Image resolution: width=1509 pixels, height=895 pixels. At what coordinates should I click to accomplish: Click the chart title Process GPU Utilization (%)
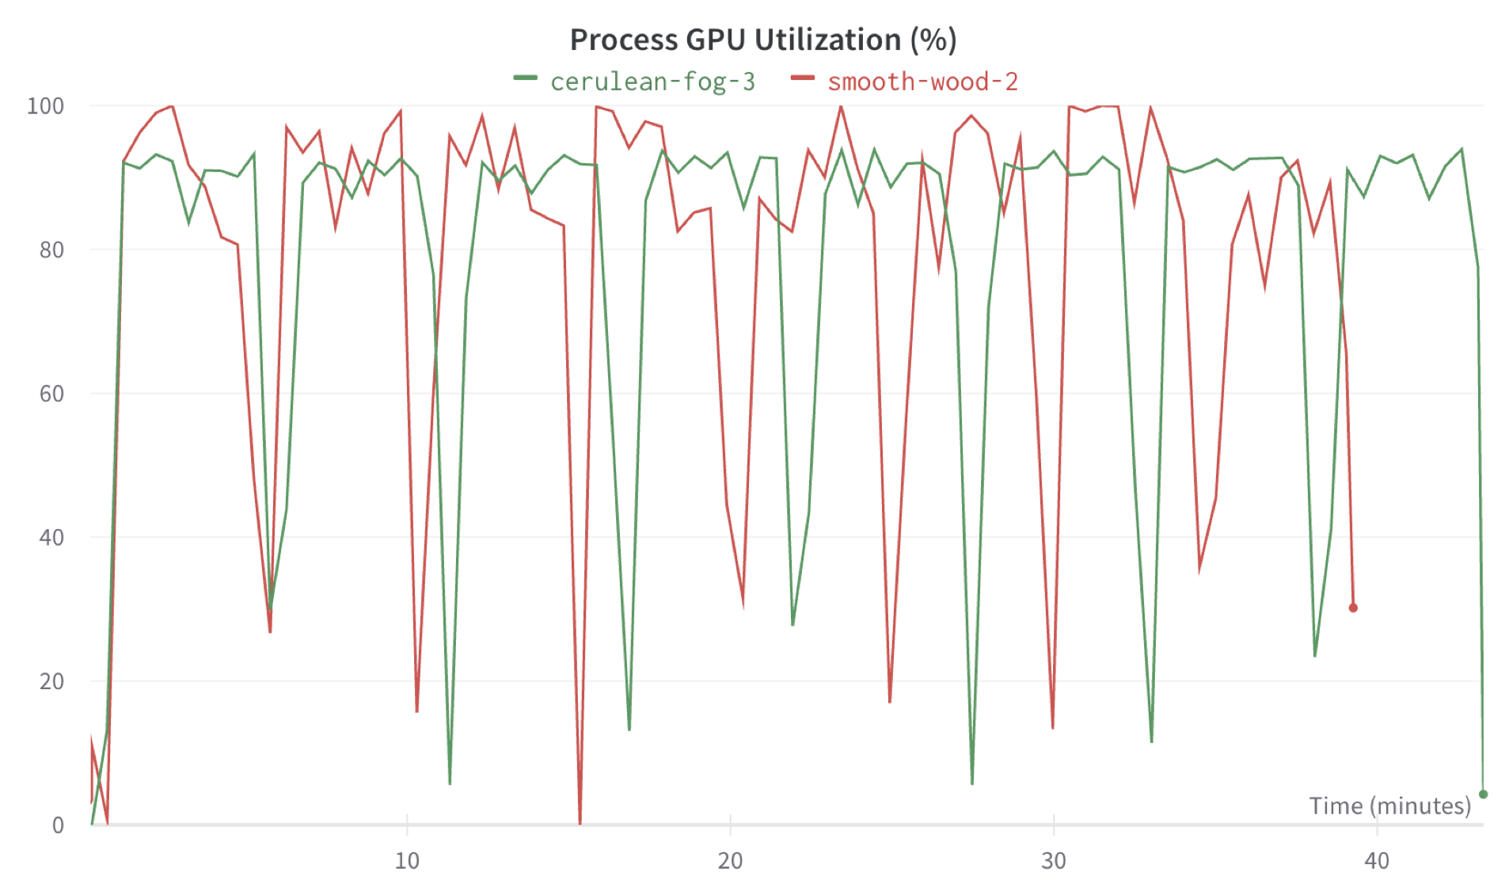[763, 40]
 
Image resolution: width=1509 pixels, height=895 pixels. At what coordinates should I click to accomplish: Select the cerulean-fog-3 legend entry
[652, 82]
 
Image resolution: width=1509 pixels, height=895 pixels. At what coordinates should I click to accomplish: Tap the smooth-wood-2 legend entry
[922, 82]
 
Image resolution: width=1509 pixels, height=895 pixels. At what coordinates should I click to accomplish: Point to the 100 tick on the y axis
[45, 106]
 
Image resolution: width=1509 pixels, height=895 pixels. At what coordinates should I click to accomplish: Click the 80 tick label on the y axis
[51, 250]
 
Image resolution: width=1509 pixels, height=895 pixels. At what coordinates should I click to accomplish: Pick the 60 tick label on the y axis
[51, 394]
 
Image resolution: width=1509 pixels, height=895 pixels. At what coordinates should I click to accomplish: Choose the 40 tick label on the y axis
[51, 538]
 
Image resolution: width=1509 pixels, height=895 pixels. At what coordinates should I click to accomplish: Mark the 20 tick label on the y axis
[51, 681]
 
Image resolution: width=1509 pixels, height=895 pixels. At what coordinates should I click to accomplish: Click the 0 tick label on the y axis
[58, 825]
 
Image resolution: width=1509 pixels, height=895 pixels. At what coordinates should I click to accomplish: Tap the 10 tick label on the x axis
[407, 861]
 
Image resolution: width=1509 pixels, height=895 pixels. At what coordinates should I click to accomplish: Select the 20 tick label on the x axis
[730, 861]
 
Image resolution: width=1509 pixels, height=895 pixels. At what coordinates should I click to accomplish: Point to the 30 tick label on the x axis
[1054, 861]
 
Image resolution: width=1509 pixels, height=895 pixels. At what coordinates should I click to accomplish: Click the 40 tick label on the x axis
[1377, 861]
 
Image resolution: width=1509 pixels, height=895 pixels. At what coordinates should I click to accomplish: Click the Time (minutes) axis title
[1389, 805]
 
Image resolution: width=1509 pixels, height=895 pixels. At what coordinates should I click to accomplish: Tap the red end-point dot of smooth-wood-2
[1353, 608]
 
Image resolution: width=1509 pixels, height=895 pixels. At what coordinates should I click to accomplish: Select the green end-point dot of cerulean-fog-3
[1483, 794]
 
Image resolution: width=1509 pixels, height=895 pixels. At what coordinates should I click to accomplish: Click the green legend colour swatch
[525, 78]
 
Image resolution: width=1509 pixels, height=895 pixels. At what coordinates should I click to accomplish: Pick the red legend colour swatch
[802, 78]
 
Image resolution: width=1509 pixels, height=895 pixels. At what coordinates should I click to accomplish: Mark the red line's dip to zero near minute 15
[580, 822]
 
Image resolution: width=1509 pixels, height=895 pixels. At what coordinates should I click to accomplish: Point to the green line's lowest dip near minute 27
[972, 783]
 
